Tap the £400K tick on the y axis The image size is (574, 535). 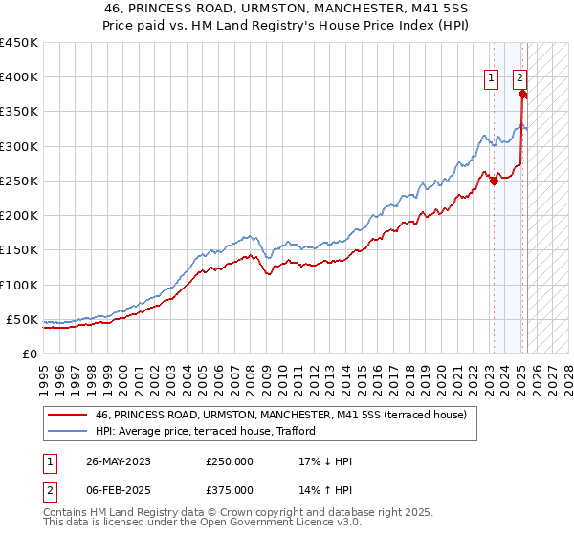(19, 77)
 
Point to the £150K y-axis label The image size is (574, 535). (19, 250)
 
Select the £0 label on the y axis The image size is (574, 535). (31, 353)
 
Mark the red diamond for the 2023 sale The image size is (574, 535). (494, 181)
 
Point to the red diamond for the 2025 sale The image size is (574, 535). (521, 94)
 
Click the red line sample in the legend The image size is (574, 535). (67, 415)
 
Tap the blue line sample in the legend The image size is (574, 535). (67, 432)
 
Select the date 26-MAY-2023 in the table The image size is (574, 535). (119, 461)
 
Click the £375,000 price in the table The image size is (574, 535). (230, 490)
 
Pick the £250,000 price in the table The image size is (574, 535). (230, 461)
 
